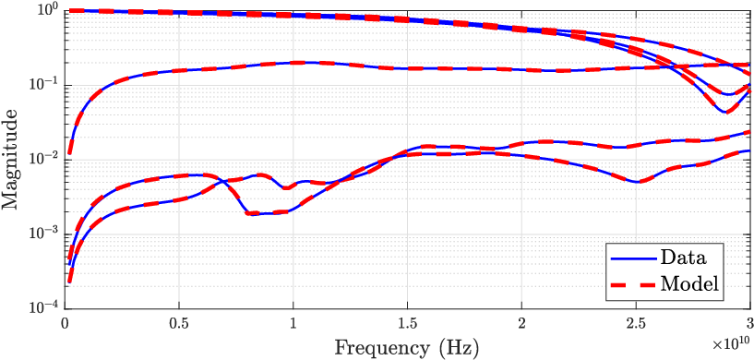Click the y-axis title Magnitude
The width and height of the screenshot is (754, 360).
point(9,159)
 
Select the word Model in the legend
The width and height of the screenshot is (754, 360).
point(689,284)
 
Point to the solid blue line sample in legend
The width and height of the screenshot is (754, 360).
point(634,258)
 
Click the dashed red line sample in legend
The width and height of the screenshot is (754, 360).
point(634,284)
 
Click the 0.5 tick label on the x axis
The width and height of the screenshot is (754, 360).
point(179,321)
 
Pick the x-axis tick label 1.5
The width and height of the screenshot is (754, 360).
point(407,321)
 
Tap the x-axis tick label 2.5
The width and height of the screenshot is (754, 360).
point(636,321)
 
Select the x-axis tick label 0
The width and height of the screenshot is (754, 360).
point(65,321)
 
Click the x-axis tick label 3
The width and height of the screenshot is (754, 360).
point(749,321)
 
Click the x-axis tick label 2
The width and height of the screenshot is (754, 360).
point(521,321)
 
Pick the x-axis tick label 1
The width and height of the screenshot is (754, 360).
point(293,321)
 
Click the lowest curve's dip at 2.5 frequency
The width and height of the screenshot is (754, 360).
point(638,182)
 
